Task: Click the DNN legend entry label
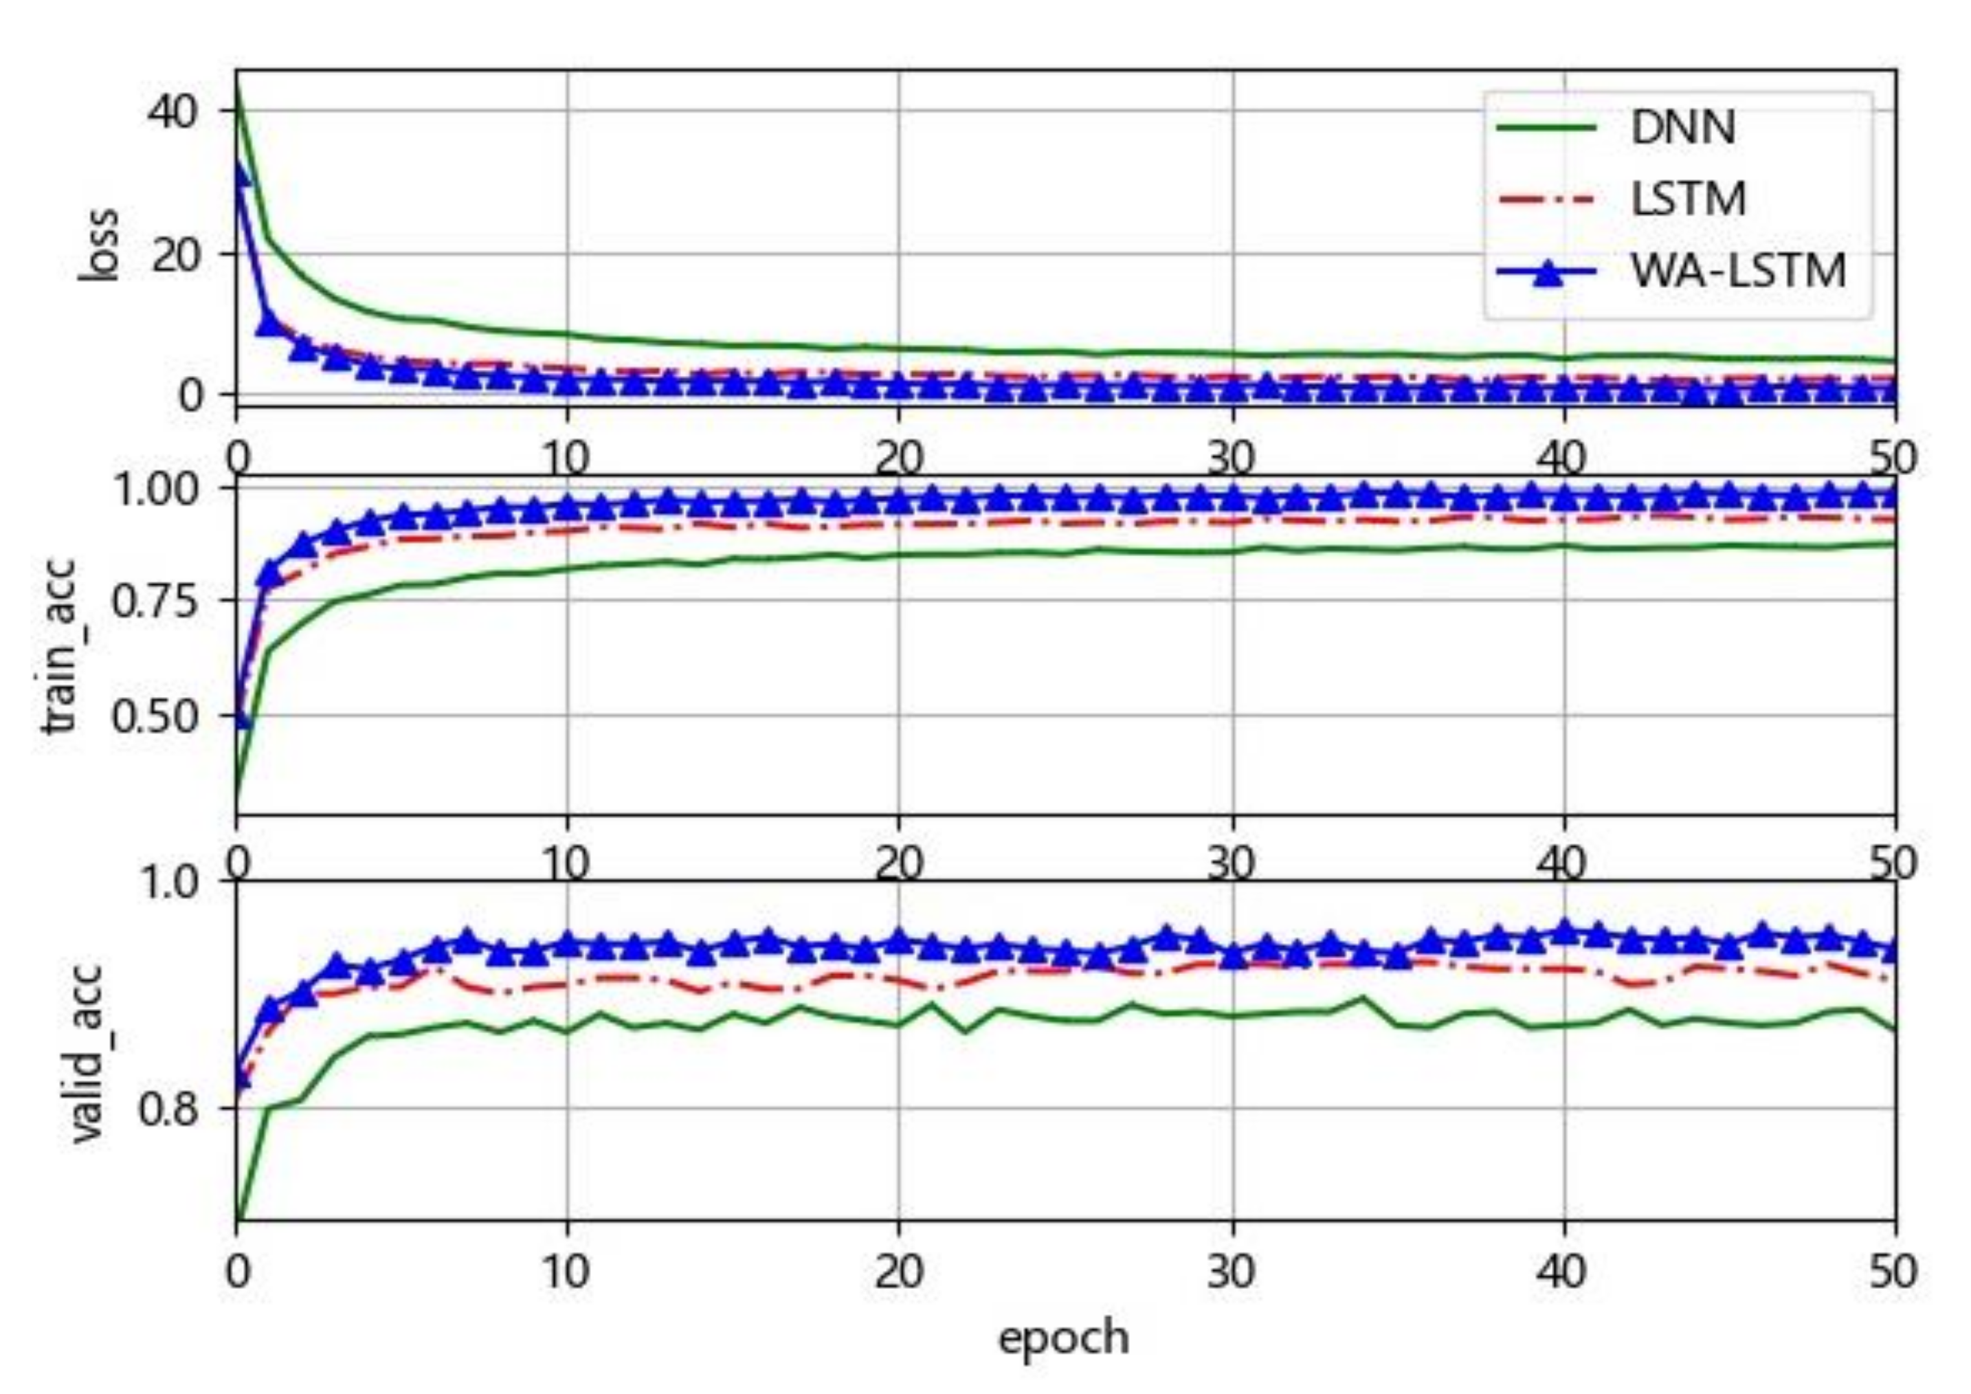[x=1682, y=127]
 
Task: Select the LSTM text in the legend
[x=1688, y=199]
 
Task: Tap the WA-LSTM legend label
[x=1737, y=272]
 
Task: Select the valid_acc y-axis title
[x=86, y=1054]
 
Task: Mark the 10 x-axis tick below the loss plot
[x=566, y=460]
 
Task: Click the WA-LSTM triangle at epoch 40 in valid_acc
[x=1564, y=931]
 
